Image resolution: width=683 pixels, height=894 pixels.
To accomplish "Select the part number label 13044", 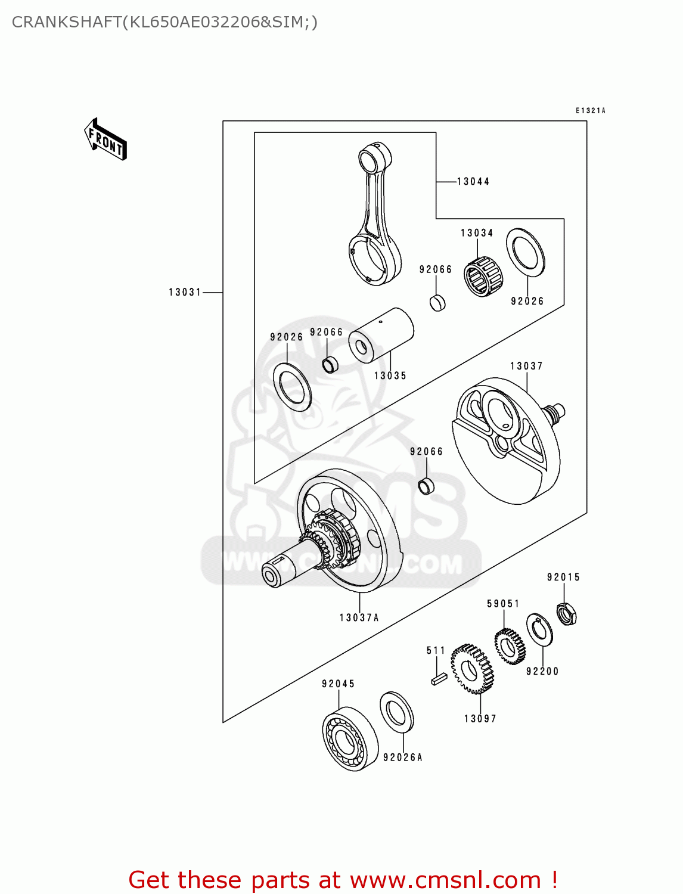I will tap(473, 181).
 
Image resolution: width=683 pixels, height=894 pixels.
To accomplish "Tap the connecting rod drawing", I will tap(374, 215).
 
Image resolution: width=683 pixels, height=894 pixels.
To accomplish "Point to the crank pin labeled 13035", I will tap(381, 334).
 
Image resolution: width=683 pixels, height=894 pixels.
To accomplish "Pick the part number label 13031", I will tap(185, 292).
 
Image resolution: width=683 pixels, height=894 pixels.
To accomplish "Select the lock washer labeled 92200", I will tap(539, 629).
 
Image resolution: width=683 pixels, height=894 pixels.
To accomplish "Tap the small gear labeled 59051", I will tap(510, 646).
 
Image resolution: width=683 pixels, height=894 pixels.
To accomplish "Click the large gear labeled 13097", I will tap(472, 669).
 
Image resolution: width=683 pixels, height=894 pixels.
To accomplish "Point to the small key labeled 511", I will tap(439, 678).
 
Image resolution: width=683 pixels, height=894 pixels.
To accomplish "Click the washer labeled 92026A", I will tap(396, 712).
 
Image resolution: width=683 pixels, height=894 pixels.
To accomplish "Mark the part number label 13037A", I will tap(359, 617).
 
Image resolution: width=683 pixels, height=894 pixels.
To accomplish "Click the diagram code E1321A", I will tap(590, 110).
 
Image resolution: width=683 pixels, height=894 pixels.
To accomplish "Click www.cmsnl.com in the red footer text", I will tap(445, 880).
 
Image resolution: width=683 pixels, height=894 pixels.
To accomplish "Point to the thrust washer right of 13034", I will tap(526, 252).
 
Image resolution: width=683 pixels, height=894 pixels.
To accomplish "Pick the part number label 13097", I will tap(480, 718).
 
